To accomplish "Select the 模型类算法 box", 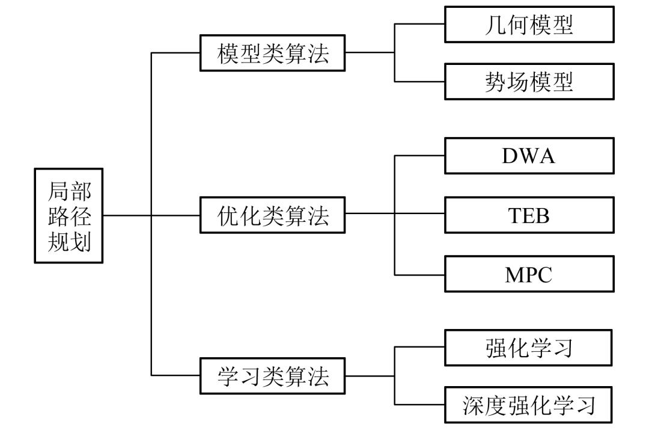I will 273,53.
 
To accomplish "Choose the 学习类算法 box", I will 273,376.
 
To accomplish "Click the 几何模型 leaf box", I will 529,24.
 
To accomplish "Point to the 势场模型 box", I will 529,82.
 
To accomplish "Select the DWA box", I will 529,155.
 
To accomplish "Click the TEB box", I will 529,215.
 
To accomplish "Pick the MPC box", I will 529,274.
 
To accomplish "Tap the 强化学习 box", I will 529,348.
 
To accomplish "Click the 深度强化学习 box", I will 529,405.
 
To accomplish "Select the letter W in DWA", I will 528,156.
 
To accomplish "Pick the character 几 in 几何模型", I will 495,25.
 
